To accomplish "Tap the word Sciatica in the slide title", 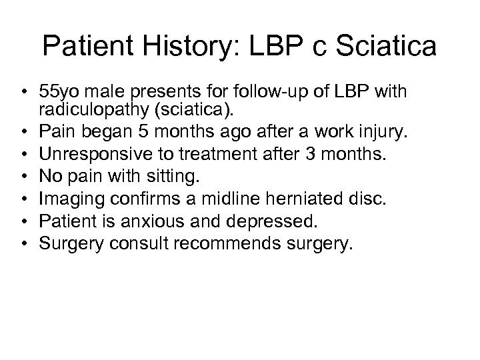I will [375, 46].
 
